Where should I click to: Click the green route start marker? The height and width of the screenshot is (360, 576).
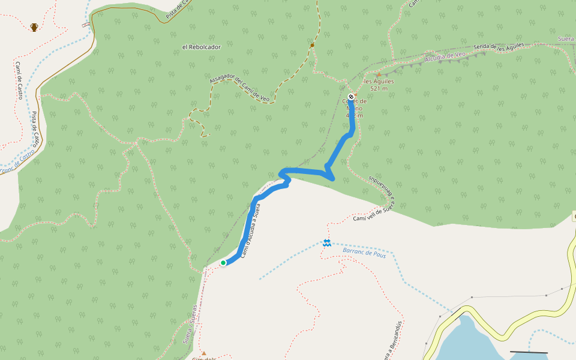223,263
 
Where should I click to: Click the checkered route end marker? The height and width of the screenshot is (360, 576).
351,97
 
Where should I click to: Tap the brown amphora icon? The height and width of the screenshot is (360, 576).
34,27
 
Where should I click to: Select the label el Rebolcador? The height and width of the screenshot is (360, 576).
202,47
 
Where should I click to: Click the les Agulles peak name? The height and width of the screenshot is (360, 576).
379,81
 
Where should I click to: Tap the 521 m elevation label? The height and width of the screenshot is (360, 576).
379,89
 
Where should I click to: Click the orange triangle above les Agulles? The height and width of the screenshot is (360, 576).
379,74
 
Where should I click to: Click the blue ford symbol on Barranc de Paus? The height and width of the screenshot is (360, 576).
327,243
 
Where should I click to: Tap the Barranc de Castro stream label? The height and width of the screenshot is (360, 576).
17,161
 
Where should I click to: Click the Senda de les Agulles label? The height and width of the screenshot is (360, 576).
499,46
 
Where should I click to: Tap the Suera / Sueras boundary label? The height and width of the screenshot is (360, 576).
191,325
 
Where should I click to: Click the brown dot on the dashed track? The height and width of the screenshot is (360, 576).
312,45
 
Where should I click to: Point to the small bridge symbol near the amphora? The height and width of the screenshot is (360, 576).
86,25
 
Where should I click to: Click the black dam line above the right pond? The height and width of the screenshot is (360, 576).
529,352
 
